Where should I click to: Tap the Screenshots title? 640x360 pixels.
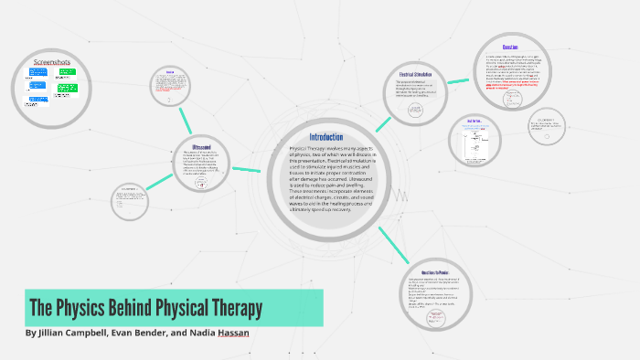pyautogui.click(x=53, y=61)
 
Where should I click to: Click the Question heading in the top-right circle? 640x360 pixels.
pyautogui.click(x=511, y=48)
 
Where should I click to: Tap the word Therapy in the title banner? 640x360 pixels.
pyautogui.click(x=229, y=308)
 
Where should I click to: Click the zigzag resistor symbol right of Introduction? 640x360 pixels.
pyautogui.click(x=400, y=194)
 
